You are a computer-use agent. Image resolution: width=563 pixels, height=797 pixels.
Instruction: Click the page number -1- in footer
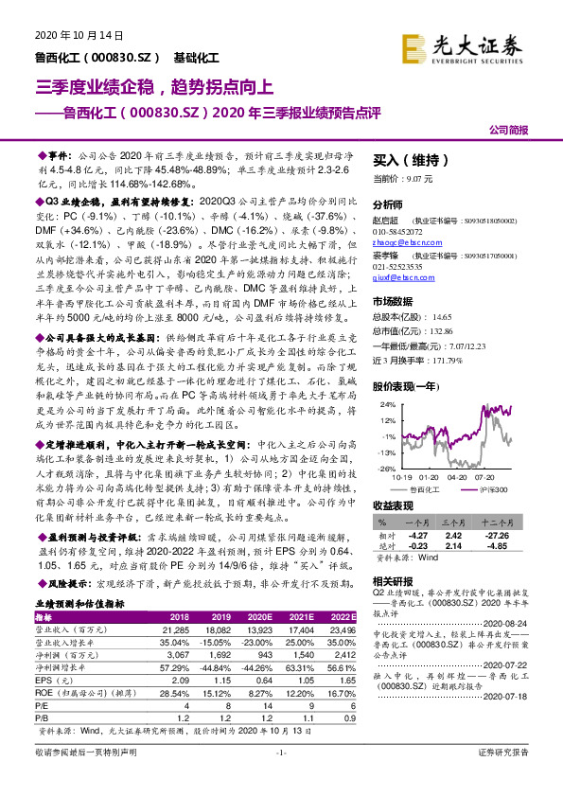tap(280, 779)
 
